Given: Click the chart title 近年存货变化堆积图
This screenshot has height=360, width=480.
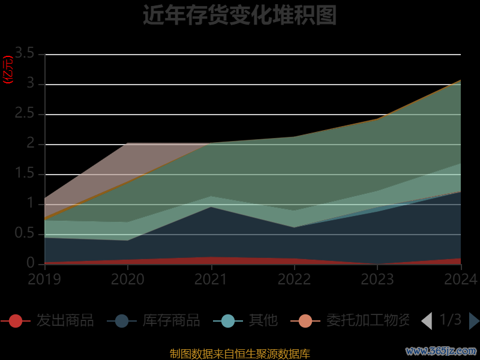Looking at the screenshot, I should [x=239, y=16].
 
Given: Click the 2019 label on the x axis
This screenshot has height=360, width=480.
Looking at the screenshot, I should [x=44, y=279].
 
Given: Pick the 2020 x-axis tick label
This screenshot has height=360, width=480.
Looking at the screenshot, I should [x=128, y=279].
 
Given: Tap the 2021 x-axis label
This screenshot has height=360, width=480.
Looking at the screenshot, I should [x=211, y=279].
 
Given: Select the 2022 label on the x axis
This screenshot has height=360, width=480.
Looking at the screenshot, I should [x=294, y=279].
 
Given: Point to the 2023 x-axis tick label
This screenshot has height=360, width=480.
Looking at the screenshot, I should [x=377, y=279].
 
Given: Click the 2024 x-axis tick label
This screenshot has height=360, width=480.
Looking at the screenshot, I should [x=460, y=279].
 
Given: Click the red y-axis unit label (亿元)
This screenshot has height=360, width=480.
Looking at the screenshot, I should [x=8, y=70].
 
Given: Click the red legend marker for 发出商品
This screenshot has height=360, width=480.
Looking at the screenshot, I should [x=16, y=320].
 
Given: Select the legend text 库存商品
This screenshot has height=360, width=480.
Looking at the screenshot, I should [x=171, y=320].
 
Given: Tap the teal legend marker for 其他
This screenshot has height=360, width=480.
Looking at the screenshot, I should [x=228, y=320].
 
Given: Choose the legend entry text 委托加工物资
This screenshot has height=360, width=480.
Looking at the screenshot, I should [x=367, y=320].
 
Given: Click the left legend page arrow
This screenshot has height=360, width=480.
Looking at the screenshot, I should [x=427, y=321].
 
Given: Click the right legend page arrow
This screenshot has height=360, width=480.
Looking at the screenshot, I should [x=473, y=321].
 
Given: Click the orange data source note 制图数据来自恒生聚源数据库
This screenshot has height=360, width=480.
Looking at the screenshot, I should [x=240, y=354].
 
